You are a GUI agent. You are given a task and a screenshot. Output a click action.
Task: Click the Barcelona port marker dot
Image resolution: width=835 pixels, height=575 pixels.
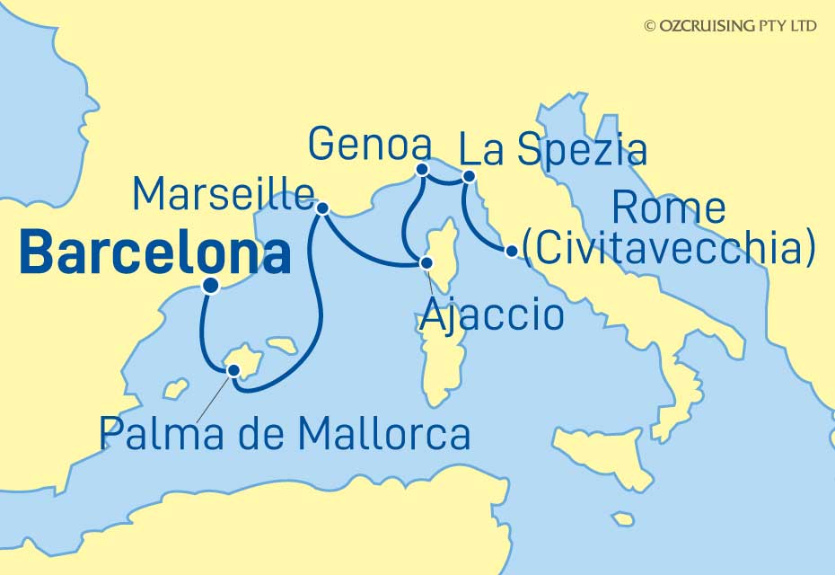(x=210, y=287)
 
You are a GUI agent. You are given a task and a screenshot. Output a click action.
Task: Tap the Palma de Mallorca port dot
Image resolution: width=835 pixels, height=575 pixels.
(x=234, y=370)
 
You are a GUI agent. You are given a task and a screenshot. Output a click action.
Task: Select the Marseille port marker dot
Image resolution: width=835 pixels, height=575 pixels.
(x=322, y=208)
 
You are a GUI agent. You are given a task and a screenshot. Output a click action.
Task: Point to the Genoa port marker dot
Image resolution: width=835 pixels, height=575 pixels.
(x=422, y=168)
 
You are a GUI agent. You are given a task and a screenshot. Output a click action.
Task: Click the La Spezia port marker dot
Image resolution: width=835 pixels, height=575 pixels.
(x=468, y=177)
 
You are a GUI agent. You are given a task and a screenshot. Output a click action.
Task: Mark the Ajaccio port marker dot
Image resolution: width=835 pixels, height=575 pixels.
(x=426, y=263)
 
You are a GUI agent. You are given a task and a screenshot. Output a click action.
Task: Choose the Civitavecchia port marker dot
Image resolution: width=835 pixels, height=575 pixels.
(x=511, y=252)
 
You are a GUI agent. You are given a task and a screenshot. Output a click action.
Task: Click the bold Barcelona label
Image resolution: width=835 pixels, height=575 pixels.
(x=154, y=253)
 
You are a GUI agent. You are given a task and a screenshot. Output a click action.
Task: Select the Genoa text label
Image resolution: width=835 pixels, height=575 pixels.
(x=368, y=145)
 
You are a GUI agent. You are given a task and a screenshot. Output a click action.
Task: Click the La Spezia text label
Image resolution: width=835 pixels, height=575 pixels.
(x=553, y=149)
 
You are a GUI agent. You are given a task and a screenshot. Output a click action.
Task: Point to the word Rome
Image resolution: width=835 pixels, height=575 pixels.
(x=668, y=208)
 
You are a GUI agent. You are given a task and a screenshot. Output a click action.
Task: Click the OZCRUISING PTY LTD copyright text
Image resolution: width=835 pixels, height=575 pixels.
(x=730, y=26)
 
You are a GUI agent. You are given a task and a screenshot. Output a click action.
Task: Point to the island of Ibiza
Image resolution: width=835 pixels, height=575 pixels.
(x=175, y=389)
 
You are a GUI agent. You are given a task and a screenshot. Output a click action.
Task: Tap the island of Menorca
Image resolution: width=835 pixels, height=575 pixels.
(x=286, y=344)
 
